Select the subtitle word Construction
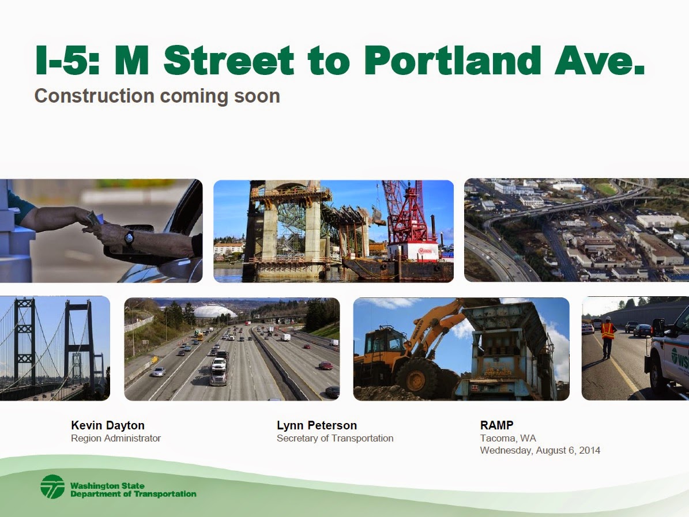pyautogui.click(x=95, y=96)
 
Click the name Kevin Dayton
pyautogui.click(x=108, y=425)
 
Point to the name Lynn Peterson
pyautogui.click(x=317, y=425)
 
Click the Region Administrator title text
pyautogui.click(x=116, y=438)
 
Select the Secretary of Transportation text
pyautogui.click(x=335, y=438)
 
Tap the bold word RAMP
pyautogui.click(x=497, y=425)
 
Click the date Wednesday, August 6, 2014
pyautogui.click(x=540, y=450)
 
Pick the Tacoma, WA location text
pyautogui.click(x=508, y=438)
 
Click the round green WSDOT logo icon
pyautogui.click(x=52, y=486)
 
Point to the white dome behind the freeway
pyautogui.click(x=214, y=311)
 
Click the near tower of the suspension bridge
pyautogui.click(x=25, y=342)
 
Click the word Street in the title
pyautogui.click(x=229, y=60)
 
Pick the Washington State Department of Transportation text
pyautogui.click(x=133, y=490)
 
